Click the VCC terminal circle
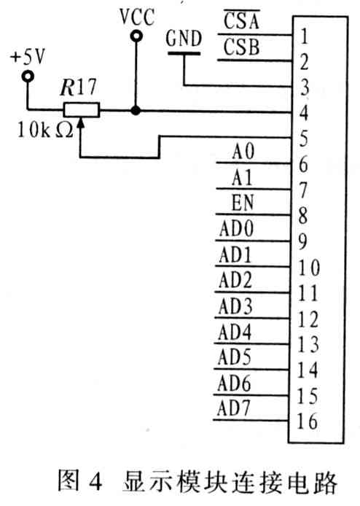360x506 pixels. coord(136,36)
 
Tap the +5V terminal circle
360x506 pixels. coord(28,77)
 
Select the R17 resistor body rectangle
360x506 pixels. coord(82,110)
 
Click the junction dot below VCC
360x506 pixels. coord(136,111)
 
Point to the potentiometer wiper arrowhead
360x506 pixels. coord(80,123)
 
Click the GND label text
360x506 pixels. coord(184,39)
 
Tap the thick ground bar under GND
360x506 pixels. coord(184,53)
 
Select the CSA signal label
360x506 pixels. coord(242,20)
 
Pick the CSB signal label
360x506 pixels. coord(242,47)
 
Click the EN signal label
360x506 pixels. coord(243,203)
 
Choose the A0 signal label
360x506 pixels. coord(243,151)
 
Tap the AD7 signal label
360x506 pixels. coord(234,408)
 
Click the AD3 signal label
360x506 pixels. coord(235,305)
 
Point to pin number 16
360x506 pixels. coord(307,421)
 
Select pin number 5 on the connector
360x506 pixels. coord(304,139)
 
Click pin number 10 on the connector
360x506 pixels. coord(309,268)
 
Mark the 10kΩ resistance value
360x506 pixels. coord(45,130)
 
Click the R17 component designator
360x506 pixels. coord(79,87)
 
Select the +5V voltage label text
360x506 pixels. coord(28,57)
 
